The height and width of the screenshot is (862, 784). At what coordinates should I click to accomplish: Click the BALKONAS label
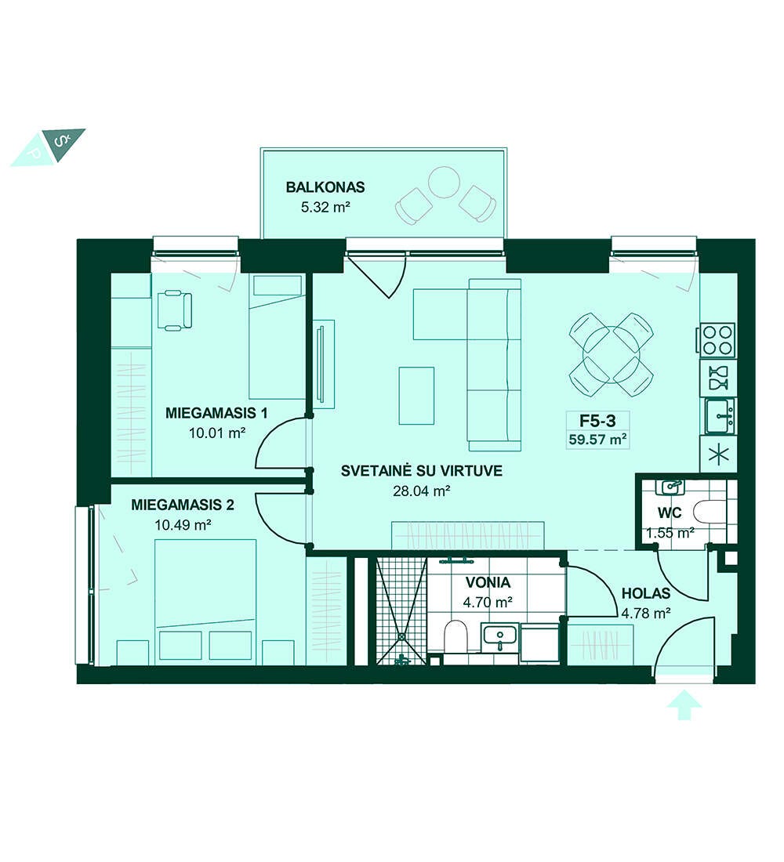325,187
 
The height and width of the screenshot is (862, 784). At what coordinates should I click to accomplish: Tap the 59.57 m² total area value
597,440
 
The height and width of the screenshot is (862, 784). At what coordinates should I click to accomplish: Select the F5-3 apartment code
597,421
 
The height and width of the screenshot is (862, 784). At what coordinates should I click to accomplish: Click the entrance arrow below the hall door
684,705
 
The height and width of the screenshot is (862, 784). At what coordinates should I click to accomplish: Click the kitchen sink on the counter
720,417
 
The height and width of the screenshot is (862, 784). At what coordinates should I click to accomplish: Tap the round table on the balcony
444,182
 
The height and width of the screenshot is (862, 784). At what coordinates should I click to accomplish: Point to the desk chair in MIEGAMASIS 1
174,310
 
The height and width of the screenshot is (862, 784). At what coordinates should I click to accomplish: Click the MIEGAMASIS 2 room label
183,505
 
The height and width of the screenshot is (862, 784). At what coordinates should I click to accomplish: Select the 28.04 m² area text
422,491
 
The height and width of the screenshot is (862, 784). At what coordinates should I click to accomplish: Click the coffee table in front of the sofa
416,395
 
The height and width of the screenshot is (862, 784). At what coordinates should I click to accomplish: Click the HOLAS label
646,594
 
